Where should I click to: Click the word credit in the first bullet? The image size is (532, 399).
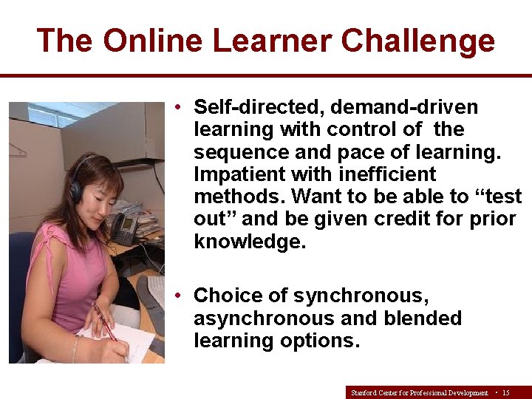click(395, 219)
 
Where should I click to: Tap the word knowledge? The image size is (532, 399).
click(249, 242)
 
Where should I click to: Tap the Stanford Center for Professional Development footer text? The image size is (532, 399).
click(420, 392)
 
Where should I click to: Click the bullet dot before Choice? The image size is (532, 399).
click(180, 296)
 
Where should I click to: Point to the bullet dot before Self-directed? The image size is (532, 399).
click(180, 107)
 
